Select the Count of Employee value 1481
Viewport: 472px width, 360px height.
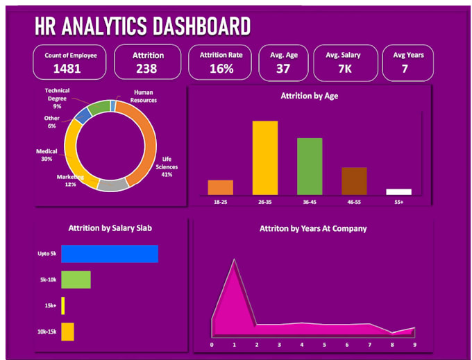tap(67, 68)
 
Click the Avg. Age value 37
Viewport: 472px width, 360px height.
tap(283, 68)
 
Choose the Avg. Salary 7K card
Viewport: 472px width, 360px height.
tap(345, 62)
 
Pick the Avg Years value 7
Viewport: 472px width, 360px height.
tap(404, 68)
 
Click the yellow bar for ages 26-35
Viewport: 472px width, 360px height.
tap(265, 157)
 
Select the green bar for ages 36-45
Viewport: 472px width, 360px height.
tap(310, 166)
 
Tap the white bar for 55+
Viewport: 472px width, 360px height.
tap(398, 191)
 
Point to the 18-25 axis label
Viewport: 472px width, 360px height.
tap(220, 202)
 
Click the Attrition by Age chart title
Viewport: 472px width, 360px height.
tap(309, 96)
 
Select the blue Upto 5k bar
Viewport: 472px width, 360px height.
tap(110, 254)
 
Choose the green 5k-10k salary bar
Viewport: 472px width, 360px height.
tap(76, 280)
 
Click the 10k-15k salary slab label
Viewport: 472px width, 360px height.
tap(47, 332)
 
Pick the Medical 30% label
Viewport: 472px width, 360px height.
tap(47, 155)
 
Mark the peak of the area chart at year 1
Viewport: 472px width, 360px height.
tap(234, 260)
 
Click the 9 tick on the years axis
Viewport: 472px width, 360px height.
tap(414, 344)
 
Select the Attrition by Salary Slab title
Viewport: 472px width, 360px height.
tap(110, 228)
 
